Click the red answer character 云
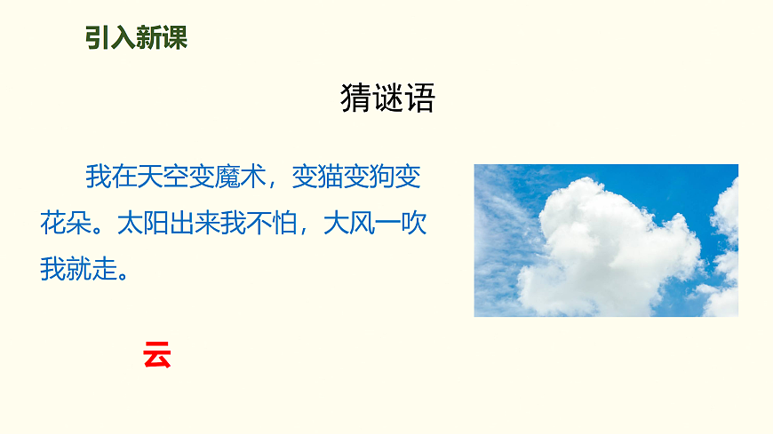(x=156, y=355)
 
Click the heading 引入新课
(x=136, y=38)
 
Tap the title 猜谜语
(x=387, y=98)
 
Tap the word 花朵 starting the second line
(x=66, y=223)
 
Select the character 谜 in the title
(x=387, y=98)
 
